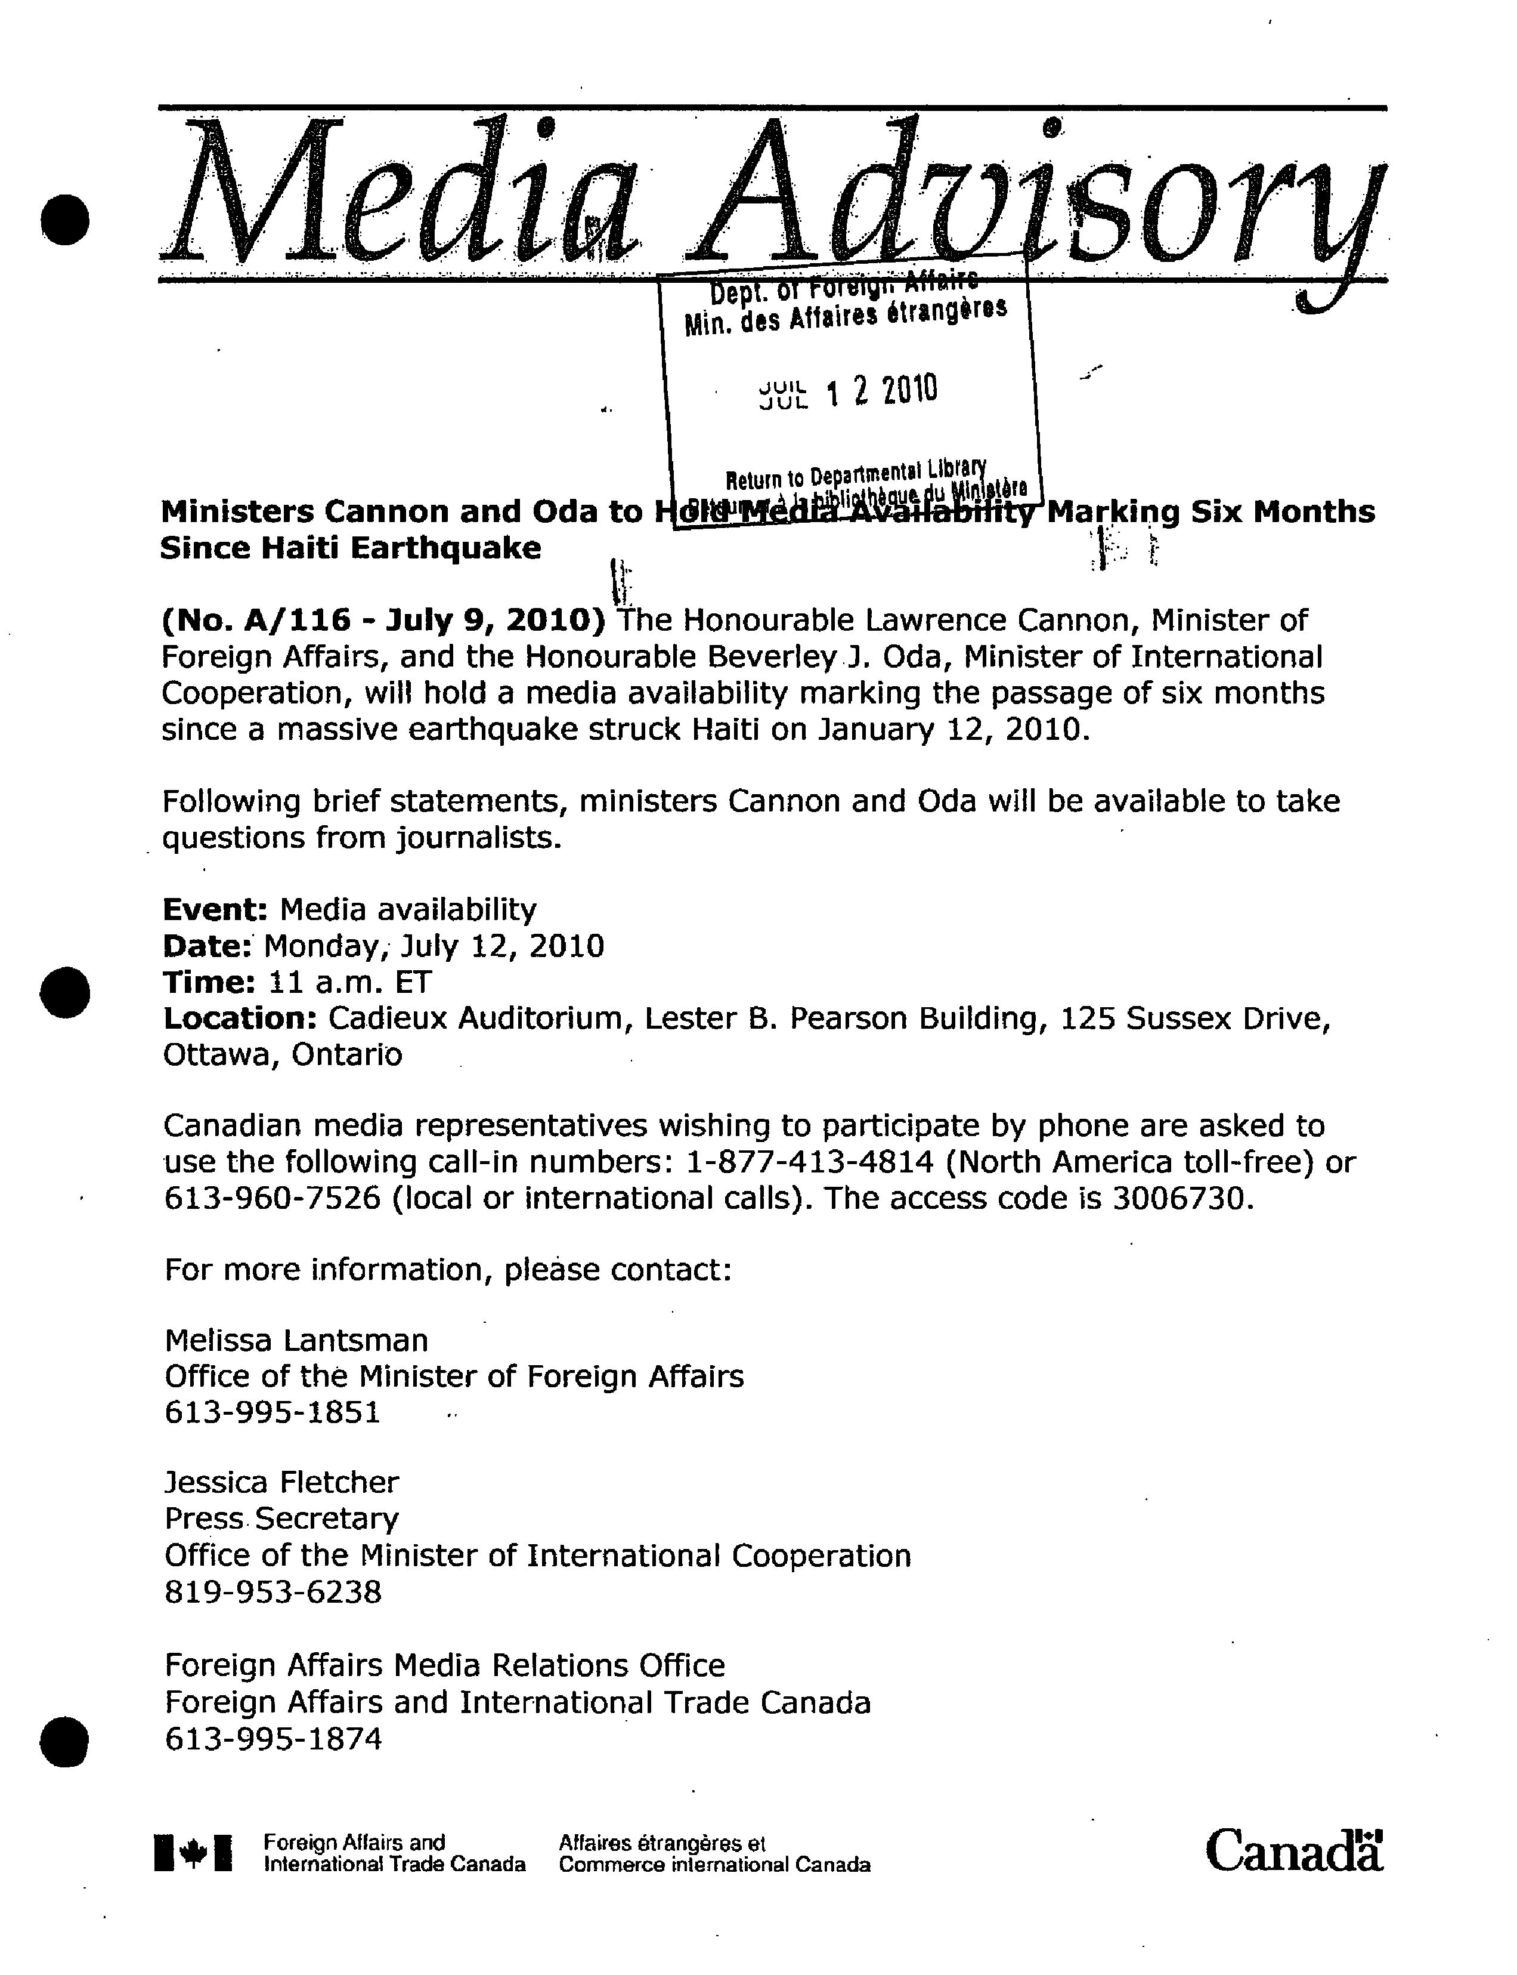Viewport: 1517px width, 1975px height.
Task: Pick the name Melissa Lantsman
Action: tap(296, 1341)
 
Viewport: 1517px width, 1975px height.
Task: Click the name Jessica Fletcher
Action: tap(281, 1483)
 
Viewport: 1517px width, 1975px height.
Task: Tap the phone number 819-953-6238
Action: tap(273, 1593)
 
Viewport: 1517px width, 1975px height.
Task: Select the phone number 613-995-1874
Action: tap(273, 1739)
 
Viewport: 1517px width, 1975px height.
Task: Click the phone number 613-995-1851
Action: tap(273, 1413)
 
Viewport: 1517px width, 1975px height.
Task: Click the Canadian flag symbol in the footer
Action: tap(193, 1853)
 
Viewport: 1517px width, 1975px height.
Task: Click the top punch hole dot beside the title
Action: tap(65, 220)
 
